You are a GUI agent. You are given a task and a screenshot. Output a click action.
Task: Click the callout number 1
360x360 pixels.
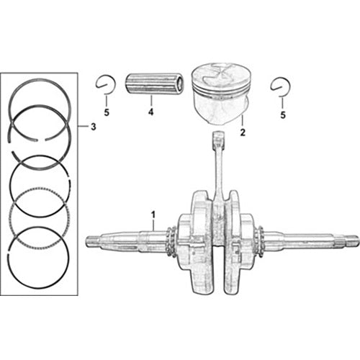point(153,214)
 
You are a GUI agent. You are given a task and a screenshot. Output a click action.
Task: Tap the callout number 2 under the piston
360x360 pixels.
point(243,132)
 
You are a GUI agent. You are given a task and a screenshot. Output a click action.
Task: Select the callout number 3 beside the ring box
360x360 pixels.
point(92,127)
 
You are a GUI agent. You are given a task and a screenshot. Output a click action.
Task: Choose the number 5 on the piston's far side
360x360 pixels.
point(283,113)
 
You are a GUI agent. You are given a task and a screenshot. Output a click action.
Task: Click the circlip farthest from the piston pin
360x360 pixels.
point(281,86)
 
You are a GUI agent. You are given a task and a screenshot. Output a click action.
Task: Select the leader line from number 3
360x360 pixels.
point(84,127)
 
